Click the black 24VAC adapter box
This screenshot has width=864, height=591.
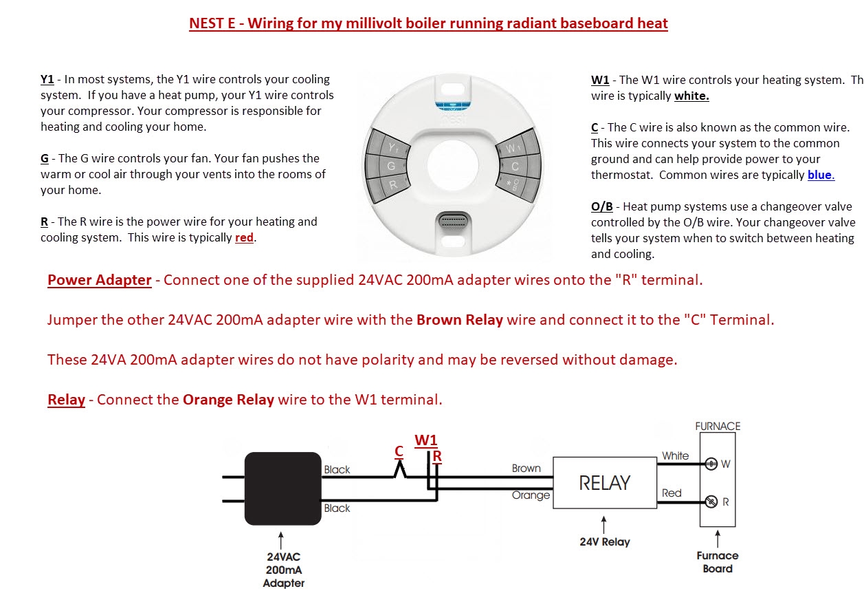coord(283,488)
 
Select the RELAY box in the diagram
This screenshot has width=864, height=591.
coord(604,483)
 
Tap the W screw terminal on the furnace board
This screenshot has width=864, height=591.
coord(712,463)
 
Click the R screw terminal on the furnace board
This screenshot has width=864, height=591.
coord(712,501)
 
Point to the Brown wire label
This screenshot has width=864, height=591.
coord(526,469)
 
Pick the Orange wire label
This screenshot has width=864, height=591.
coord(531,495)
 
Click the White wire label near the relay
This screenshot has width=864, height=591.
coord(675,455)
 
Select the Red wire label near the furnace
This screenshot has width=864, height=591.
coord(672,493)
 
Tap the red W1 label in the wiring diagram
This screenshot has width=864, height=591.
coord(426,440)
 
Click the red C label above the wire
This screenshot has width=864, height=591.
coord(399,451)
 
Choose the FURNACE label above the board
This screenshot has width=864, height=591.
coord(718,427)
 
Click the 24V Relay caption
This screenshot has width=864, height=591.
coord(604,542)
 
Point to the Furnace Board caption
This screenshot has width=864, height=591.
coord(718,562)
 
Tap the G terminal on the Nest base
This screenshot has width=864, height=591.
coord(390,166)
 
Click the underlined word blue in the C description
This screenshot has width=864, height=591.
coord(820,175)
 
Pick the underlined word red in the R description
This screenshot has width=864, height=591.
coord(244,238)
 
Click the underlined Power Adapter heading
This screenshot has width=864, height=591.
coord(99,280)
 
